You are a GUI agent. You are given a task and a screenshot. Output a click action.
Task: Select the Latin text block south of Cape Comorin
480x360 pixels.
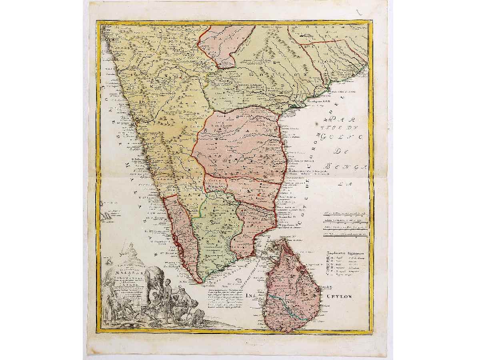click(230, 298)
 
